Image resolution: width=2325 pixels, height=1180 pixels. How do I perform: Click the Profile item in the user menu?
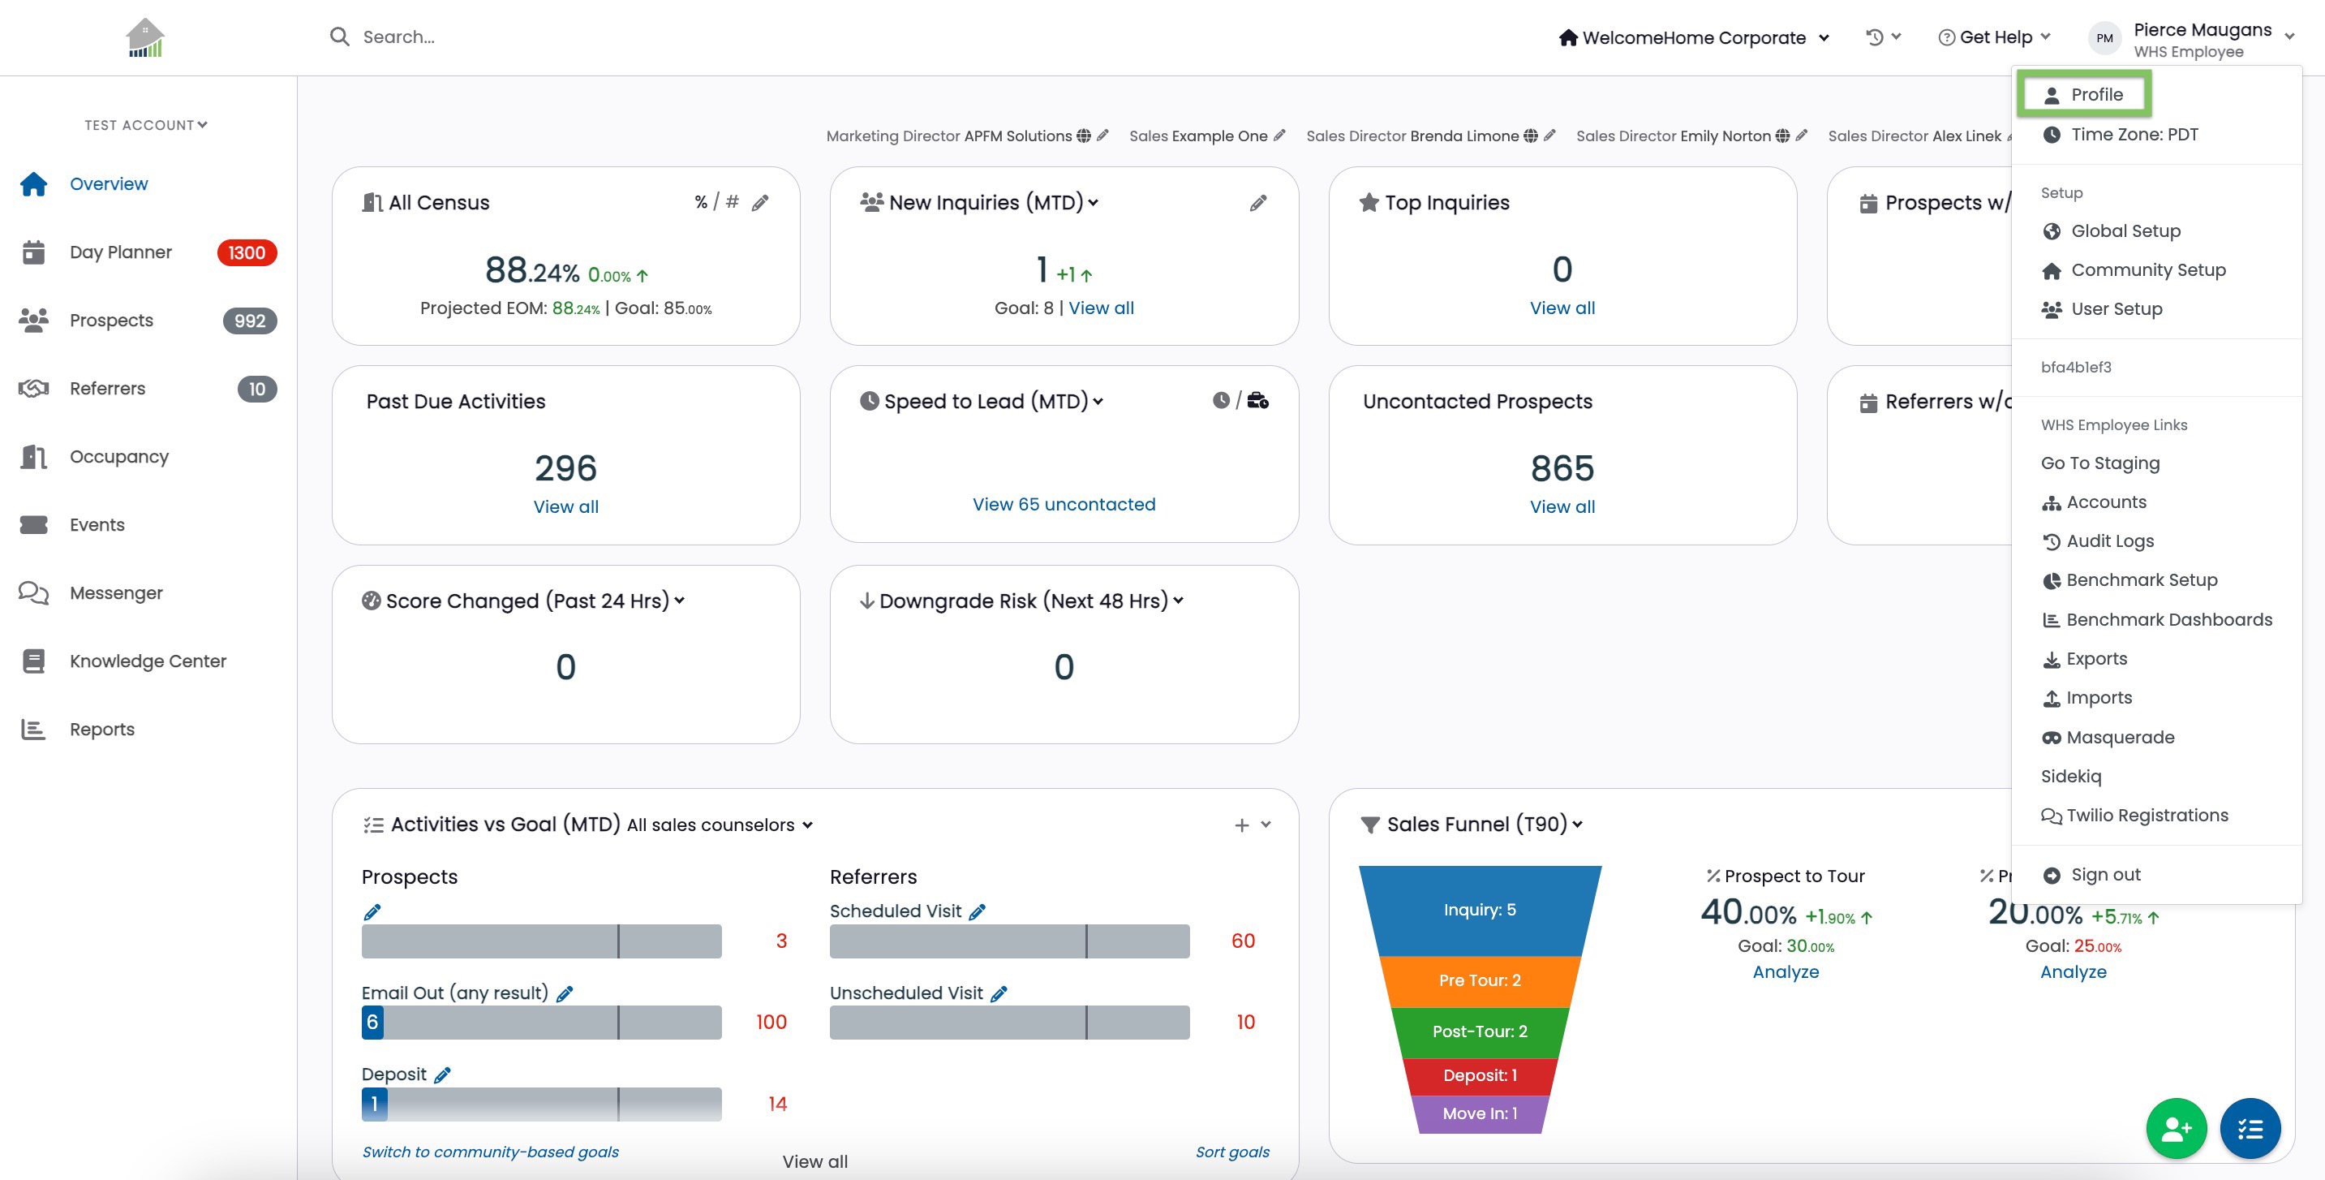2084,94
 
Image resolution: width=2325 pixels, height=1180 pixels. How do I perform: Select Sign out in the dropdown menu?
2091,874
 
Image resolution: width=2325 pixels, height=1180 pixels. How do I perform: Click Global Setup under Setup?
2111,230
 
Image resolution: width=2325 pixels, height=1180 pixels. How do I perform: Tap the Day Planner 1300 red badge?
247,252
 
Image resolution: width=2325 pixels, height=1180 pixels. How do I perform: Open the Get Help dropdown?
1995,37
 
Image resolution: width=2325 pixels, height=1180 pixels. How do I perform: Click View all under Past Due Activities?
566,506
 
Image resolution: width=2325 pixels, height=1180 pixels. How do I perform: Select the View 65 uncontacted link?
1064,504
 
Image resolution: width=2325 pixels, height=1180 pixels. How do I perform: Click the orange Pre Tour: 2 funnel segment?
1481,980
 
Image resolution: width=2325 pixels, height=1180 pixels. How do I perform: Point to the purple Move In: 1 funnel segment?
1481,1114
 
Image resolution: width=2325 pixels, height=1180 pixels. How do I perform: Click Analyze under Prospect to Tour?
1786,971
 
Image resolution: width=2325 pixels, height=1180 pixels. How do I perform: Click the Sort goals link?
1232,1152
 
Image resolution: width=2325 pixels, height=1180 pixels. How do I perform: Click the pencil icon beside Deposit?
442,1074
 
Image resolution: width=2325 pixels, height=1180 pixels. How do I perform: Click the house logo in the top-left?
145,38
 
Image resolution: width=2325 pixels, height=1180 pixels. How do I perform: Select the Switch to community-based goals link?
490,1152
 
